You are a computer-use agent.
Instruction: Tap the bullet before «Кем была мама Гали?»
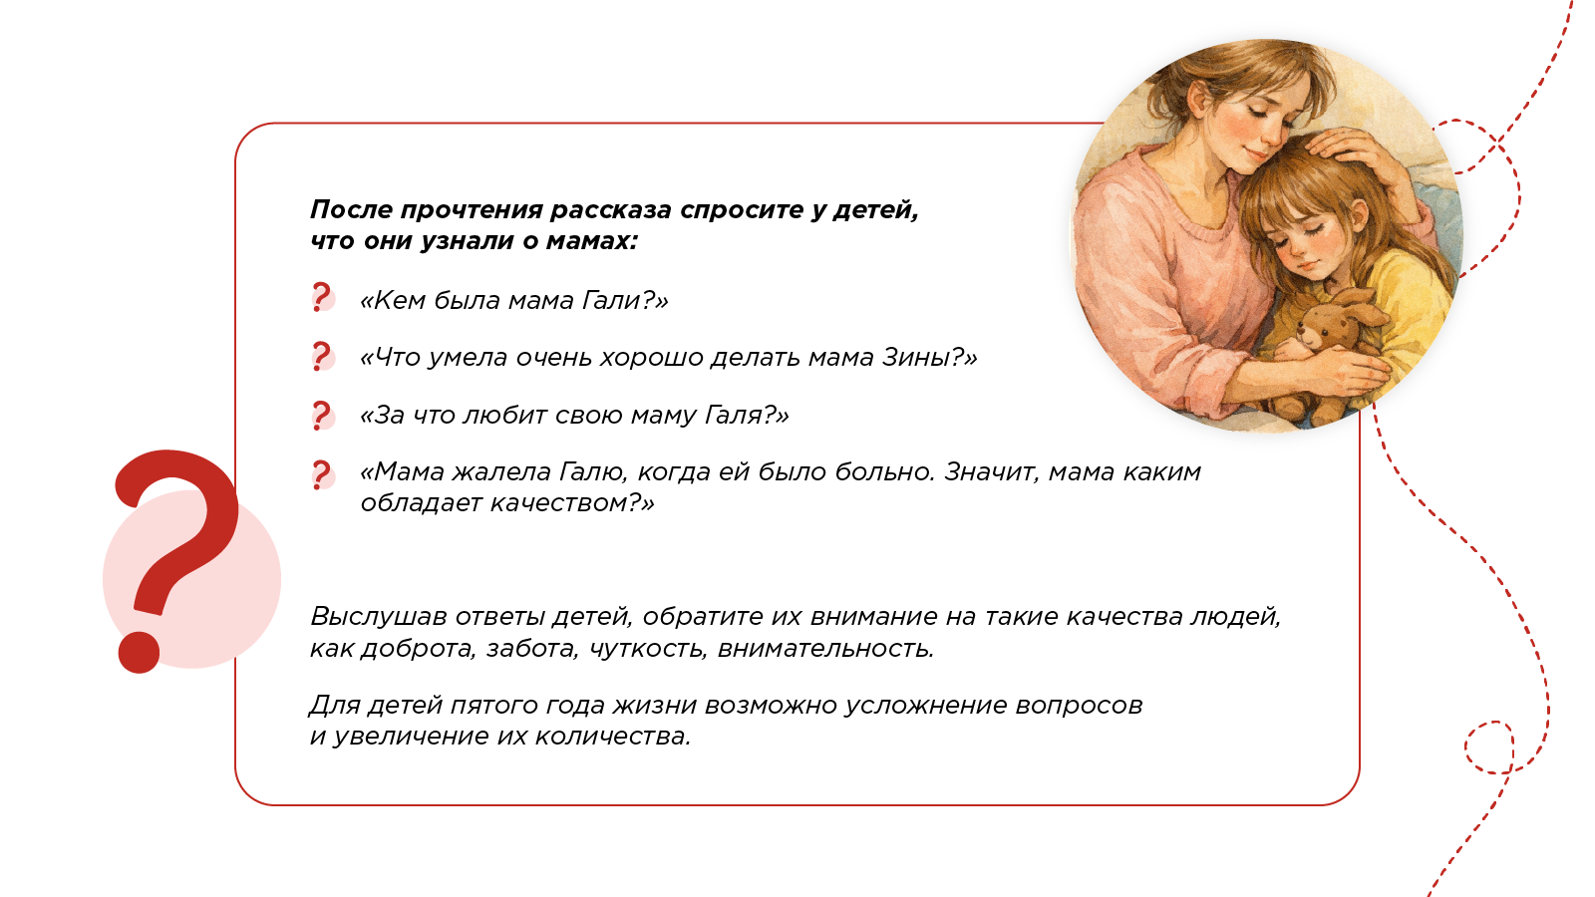coord(322,298)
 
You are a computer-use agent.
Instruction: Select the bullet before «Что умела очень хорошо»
coord(322,356)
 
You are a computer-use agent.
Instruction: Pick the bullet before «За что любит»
coord(322,415)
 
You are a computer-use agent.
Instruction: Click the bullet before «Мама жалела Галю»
coord(322,474)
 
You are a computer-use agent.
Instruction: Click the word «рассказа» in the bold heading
coord(611,210)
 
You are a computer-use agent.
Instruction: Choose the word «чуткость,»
coord(648,649)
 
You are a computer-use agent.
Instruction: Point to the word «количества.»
coord(612,737)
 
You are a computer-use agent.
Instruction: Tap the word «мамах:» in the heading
coord(591,241)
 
